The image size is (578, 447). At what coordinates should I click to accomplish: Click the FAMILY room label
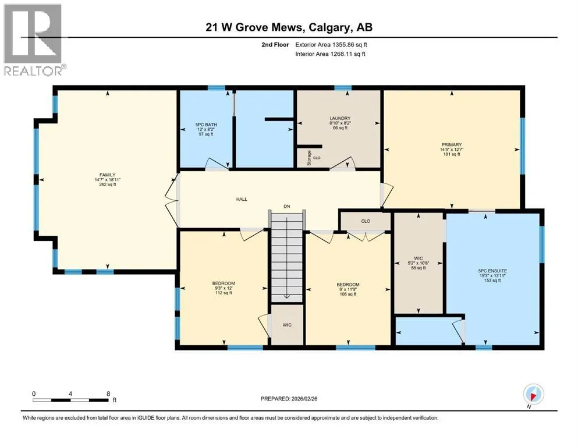pos(107,175)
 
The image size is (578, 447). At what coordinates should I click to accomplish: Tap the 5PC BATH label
pos(206,125)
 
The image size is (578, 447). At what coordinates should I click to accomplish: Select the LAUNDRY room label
pos(340,118)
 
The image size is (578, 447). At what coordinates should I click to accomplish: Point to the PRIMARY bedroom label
pos(452,145)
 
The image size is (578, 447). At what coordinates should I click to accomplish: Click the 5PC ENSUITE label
pos(492,271)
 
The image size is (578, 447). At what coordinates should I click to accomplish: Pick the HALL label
pos(242,200)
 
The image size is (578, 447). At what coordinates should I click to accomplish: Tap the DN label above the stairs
pos(287,207)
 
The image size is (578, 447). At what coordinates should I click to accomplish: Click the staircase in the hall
pos(287,256)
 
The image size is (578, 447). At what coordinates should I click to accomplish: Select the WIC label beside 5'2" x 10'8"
pos(419,258)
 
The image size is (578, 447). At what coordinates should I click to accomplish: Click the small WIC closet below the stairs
pos(287,325)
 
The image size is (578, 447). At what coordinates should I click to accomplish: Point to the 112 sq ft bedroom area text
pos(224,293)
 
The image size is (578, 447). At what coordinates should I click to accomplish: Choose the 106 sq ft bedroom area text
pos(348,294)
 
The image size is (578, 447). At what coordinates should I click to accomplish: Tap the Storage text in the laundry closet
pos(309,158)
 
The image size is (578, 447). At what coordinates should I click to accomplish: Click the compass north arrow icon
pos(533,394)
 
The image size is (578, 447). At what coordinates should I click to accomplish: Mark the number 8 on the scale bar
pos(108,393)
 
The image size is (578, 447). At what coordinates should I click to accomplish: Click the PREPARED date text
pos(289,399)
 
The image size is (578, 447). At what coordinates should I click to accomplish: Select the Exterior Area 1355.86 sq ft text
pos(331,45)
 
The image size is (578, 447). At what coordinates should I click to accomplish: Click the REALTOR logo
pos(35,40)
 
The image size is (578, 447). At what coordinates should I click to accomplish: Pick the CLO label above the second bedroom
pos(366,221)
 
